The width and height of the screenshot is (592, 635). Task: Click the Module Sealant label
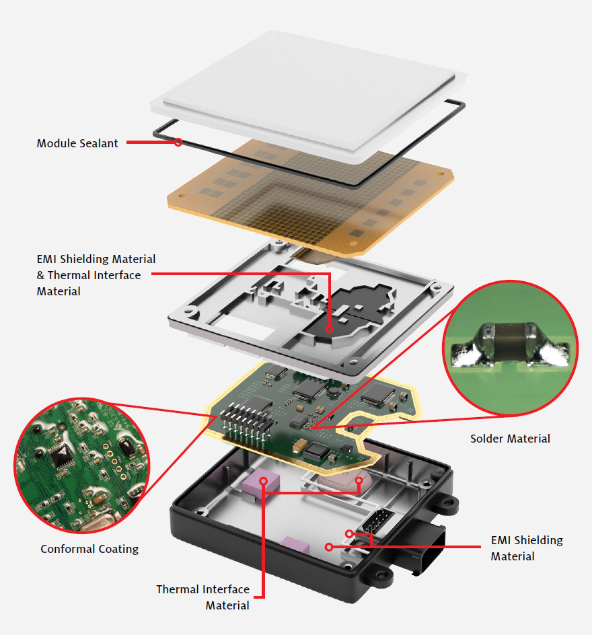[x=77, y=143]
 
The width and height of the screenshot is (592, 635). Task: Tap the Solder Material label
[x=510, y=439]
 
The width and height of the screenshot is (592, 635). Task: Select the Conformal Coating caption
[x=89, y=549]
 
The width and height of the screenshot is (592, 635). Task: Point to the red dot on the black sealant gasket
[x=178, y=142]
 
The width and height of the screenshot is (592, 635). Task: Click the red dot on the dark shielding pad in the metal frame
[x=330, y=329]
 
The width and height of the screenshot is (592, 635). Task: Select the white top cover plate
[x=309, y=95]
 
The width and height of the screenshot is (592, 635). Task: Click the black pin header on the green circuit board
[x=247, y=425]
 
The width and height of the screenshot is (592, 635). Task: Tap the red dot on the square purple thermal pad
[x=264, y=481]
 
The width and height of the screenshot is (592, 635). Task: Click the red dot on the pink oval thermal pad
[x=359, y=480]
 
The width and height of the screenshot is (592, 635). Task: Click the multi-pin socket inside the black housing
[x=377, y=521]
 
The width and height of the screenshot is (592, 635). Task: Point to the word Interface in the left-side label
[x=114, y=275]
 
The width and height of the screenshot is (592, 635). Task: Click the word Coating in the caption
[x=118, y=550]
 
